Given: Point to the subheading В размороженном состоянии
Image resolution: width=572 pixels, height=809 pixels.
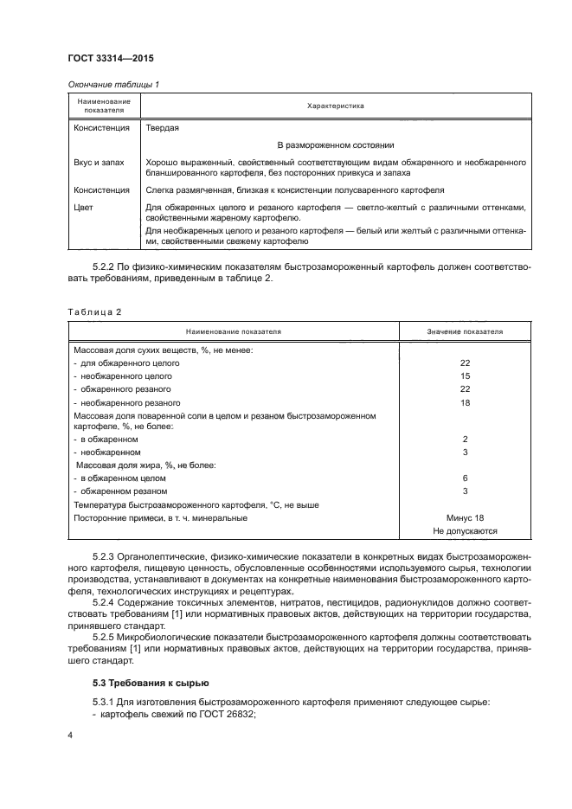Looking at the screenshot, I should [336, 145].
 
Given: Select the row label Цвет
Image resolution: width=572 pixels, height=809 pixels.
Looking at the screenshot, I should [84, 208].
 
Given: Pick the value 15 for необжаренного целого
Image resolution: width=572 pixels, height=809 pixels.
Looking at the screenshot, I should [465, 376].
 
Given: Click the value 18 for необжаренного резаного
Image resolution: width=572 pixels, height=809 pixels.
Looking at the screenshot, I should [465, 403].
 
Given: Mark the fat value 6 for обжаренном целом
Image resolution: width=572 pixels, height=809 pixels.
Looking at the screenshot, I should [465, 478].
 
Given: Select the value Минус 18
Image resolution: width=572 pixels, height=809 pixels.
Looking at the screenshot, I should [465, 517].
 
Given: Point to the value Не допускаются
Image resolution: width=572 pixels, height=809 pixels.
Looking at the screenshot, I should [465, 531].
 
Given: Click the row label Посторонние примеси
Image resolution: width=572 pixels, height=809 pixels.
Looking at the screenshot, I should [160, 517].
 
